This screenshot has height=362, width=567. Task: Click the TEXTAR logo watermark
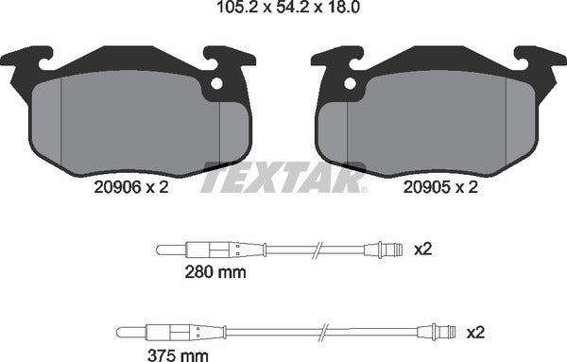click(x=283, y=178)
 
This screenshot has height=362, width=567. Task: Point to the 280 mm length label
click(x=215, y=273)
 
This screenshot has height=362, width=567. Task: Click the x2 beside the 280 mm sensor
click(x=422, y=250)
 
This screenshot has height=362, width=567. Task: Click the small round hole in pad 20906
click(x=216, y=83)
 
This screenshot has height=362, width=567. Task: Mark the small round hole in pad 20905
click(x=352, y=83)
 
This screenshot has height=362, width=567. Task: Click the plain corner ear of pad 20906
click(x=26, y=59)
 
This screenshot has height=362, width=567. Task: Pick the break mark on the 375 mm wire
click(x=323, y=332)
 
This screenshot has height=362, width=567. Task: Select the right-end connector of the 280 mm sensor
click(x=389, y=250)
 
